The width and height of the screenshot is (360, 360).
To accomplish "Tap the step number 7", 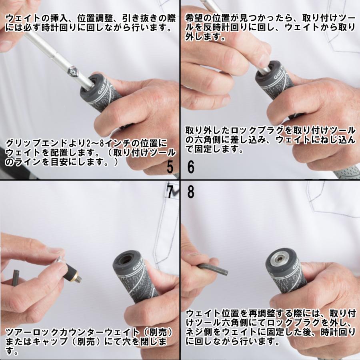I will pos(170,192).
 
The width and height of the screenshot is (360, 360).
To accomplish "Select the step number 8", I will pos(191,192).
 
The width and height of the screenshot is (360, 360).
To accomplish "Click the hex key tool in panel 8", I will pos(212,269).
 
